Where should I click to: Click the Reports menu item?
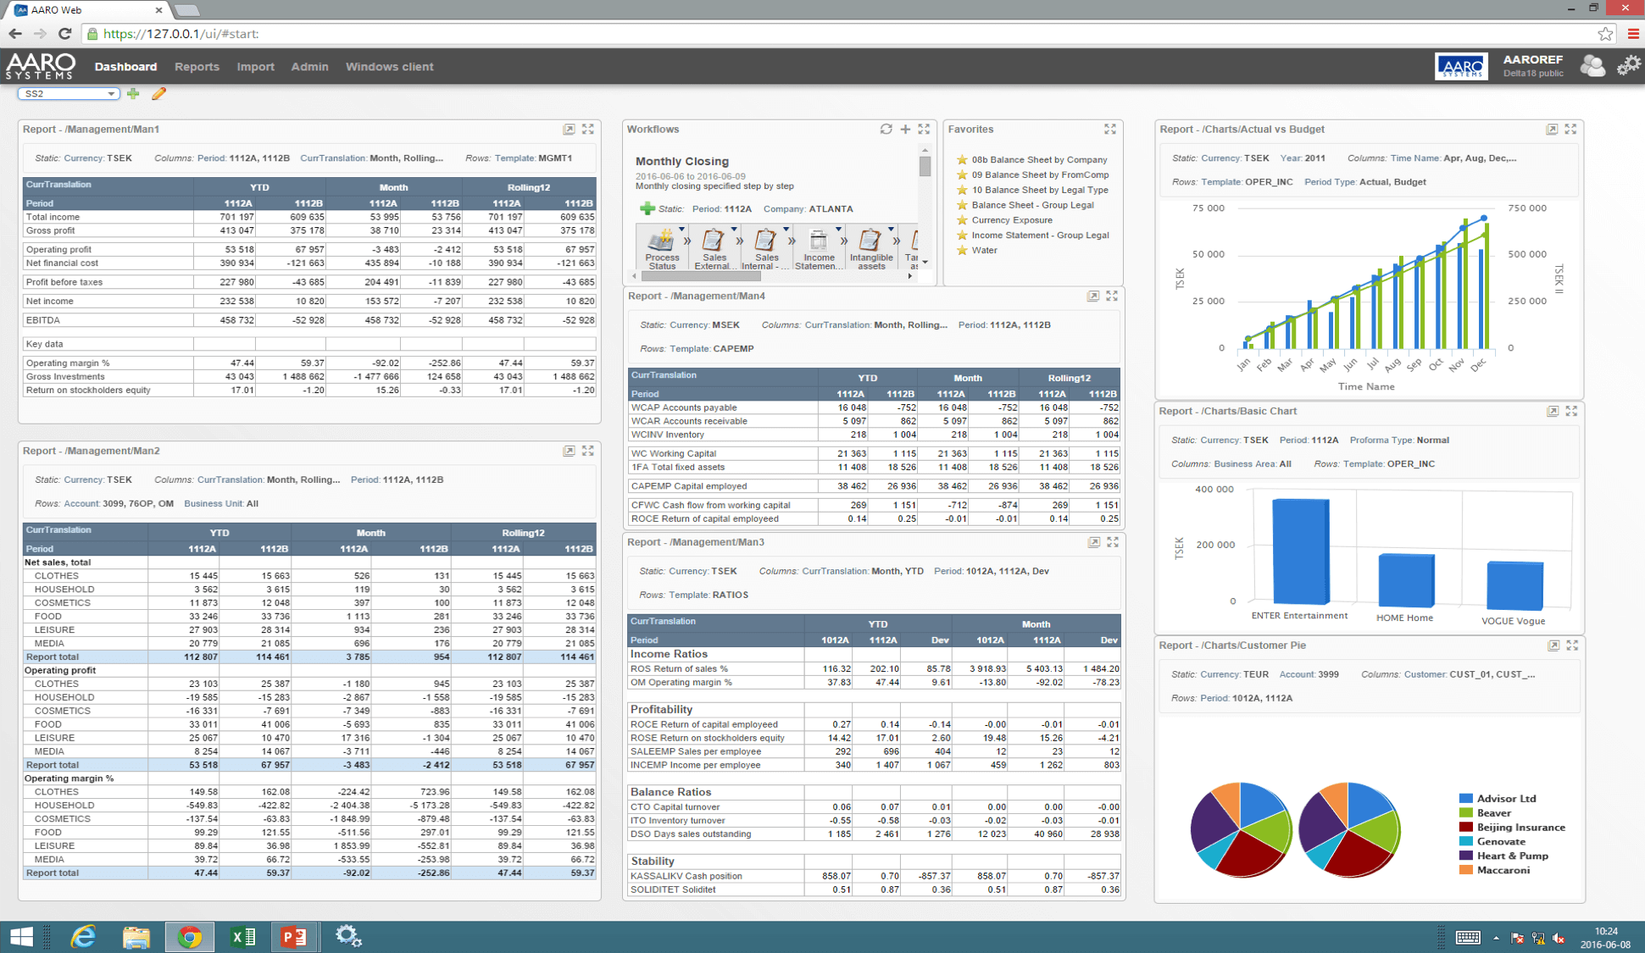[197, 67]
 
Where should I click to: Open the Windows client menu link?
[389, 67]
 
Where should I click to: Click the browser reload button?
[64, 34]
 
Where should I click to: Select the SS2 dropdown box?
[68, 94]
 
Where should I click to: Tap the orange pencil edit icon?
[158, 94]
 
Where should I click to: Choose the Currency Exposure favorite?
[1011, 220]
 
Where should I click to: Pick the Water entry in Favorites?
[984, 251]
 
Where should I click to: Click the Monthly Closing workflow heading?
[681, 162]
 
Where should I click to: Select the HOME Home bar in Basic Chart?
[1406, 580]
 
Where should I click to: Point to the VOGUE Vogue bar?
[1514, 585]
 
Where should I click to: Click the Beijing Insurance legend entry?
[1520, 828]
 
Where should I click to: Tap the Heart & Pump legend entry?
[1512, 856]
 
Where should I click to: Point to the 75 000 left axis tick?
[1208, 208]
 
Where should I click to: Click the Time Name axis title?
[1365, 387]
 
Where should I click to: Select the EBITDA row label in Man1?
[43, 321]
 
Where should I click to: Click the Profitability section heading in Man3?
[661, 710]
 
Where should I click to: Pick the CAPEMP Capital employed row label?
[688, 486]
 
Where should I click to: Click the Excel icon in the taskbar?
[242, 937]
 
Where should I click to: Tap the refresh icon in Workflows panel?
[886, 130]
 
